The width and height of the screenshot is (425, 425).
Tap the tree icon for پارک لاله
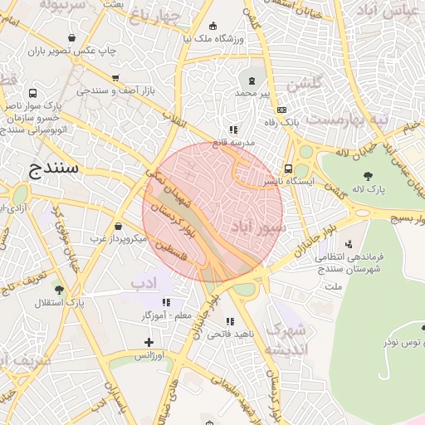pos(368,175)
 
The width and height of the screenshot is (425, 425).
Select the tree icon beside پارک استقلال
pos(59,289)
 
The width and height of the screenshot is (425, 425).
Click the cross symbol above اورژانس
pos(149,342)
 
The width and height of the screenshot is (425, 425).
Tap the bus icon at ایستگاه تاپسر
pos(288,167)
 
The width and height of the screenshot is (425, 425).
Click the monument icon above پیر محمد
pos(252,80)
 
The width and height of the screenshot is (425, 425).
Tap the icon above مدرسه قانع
pos(233,129)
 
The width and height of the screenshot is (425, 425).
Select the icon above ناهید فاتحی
pos(230,321)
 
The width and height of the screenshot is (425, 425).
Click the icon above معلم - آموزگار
pos(166,303)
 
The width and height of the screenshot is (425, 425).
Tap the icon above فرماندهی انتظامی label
pos(348,244)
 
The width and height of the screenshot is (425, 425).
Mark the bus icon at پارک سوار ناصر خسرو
pos(32,94)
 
